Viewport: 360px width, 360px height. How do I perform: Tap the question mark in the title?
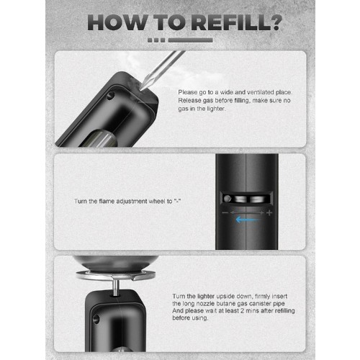[x=276, y=22]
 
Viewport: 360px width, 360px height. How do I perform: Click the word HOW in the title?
[x=117, y=22]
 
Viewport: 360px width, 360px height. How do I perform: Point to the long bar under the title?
[x=191, y=40]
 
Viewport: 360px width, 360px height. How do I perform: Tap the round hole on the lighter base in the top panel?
[x=110, y=96]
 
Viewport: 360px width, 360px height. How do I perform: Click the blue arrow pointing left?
[x=247, y=220]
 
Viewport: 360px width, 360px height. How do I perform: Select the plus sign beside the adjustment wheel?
[x=269, y=212]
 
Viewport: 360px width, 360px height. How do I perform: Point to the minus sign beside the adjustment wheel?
[x=225, y=212]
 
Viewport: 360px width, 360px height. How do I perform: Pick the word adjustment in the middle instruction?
[x=132, y=202]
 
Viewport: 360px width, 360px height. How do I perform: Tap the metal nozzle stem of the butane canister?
[x=115, y=287]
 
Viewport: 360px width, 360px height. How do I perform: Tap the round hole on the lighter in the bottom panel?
[x=96, y=319]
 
